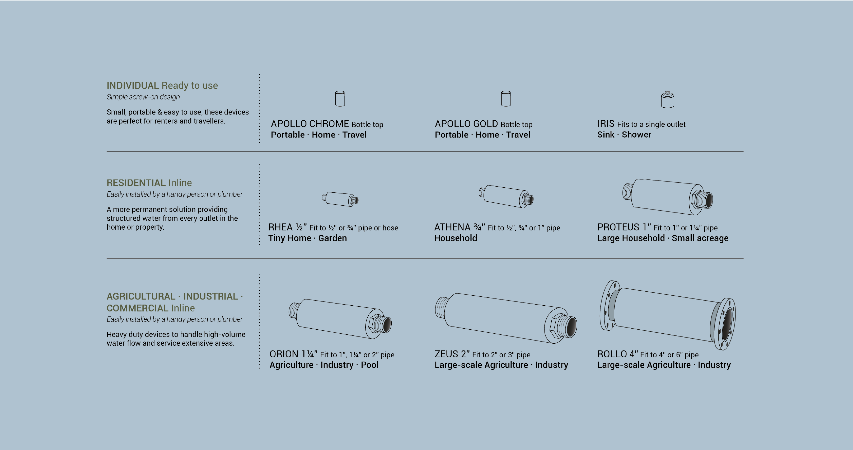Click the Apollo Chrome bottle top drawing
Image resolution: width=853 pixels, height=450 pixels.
340,99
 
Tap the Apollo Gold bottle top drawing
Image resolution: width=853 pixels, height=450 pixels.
506,99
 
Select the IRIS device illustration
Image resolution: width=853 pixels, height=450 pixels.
667,99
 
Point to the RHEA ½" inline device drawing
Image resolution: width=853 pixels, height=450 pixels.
340,199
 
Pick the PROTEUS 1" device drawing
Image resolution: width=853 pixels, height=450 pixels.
668,197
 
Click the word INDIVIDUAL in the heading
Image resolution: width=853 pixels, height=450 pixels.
133,85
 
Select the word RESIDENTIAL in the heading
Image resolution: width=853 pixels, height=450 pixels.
136,183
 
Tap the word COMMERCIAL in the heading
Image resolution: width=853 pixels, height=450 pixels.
137,308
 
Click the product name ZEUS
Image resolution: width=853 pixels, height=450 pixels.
446,354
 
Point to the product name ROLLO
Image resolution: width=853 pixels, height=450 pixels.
612,354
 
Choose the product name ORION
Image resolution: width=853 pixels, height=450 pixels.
284,354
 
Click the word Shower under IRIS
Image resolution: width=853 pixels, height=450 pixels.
636,135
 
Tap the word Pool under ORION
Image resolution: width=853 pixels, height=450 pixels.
369,365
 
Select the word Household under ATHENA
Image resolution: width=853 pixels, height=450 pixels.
456,238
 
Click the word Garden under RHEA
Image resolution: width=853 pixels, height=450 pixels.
332,238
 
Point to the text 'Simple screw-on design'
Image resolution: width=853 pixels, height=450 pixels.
143,97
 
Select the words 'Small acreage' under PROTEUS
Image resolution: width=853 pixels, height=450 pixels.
700,238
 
